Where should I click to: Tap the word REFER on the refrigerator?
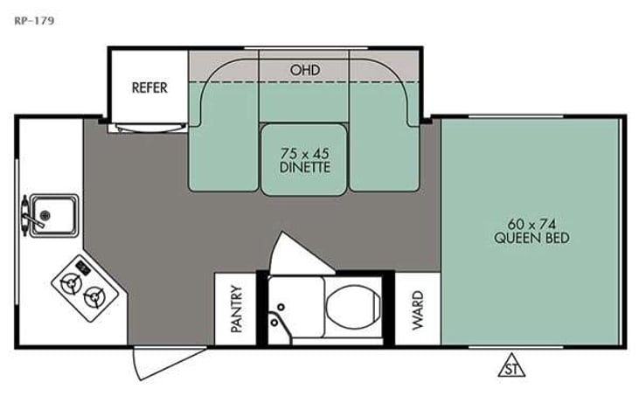coord(149,87)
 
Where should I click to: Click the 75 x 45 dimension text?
coord(304,150)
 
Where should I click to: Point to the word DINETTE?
coord(304,166)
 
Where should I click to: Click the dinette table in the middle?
coord(304,158)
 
